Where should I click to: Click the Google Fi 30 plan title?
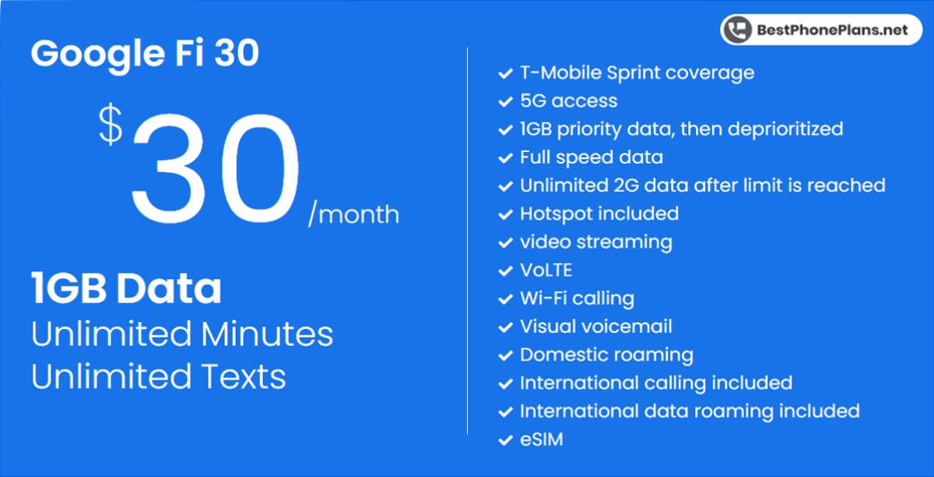[x=145, y=54]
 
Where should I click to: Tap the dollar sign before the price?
[x=111, y=126]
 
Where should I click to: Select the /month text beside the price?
[x=353, y=214]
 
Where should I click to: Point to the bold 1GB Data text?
[x=126, y=289]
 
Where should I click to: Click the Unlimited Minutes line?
[x=182, y=334]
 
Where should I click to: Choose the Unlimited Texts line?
[x=159, y=376]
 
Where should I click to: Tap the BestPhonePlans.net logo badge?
[x=820, y=30]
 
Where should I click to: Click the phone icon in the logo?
[x=736, y=30]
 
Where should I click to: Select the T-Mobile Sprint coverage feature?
[x=637, y=72]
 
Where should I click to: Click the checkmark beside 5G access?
[x=504, y=102]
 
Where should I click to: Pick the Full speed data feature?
[x=591, y=157]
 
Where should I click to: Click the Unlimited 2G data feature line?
[x=702, y=185]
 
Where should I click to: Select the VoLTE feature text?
[x=546, y=270]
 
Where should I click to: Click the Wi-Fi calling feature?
[x=576, y=299]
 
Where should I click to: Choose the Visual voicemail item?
[x=595, y=327]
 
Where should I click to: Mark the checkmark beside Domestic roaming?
[x=504, y=356]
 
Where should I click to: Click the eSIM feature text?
[x=541, y=440]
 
